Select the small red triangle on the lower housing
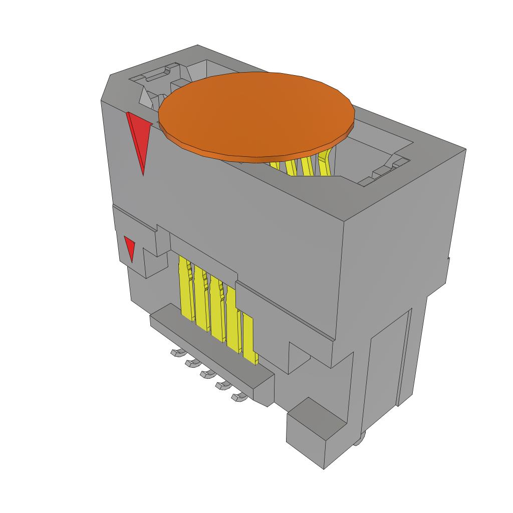click(130, 248)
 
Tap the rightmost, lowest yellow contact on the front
click(249, 338)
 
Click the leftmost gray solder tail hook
click(175, 353)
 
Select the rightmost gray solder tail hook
click(239, 397)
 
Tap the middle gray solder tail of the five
click(206, 374)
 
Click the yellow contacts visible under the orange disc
click(301, 165)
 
